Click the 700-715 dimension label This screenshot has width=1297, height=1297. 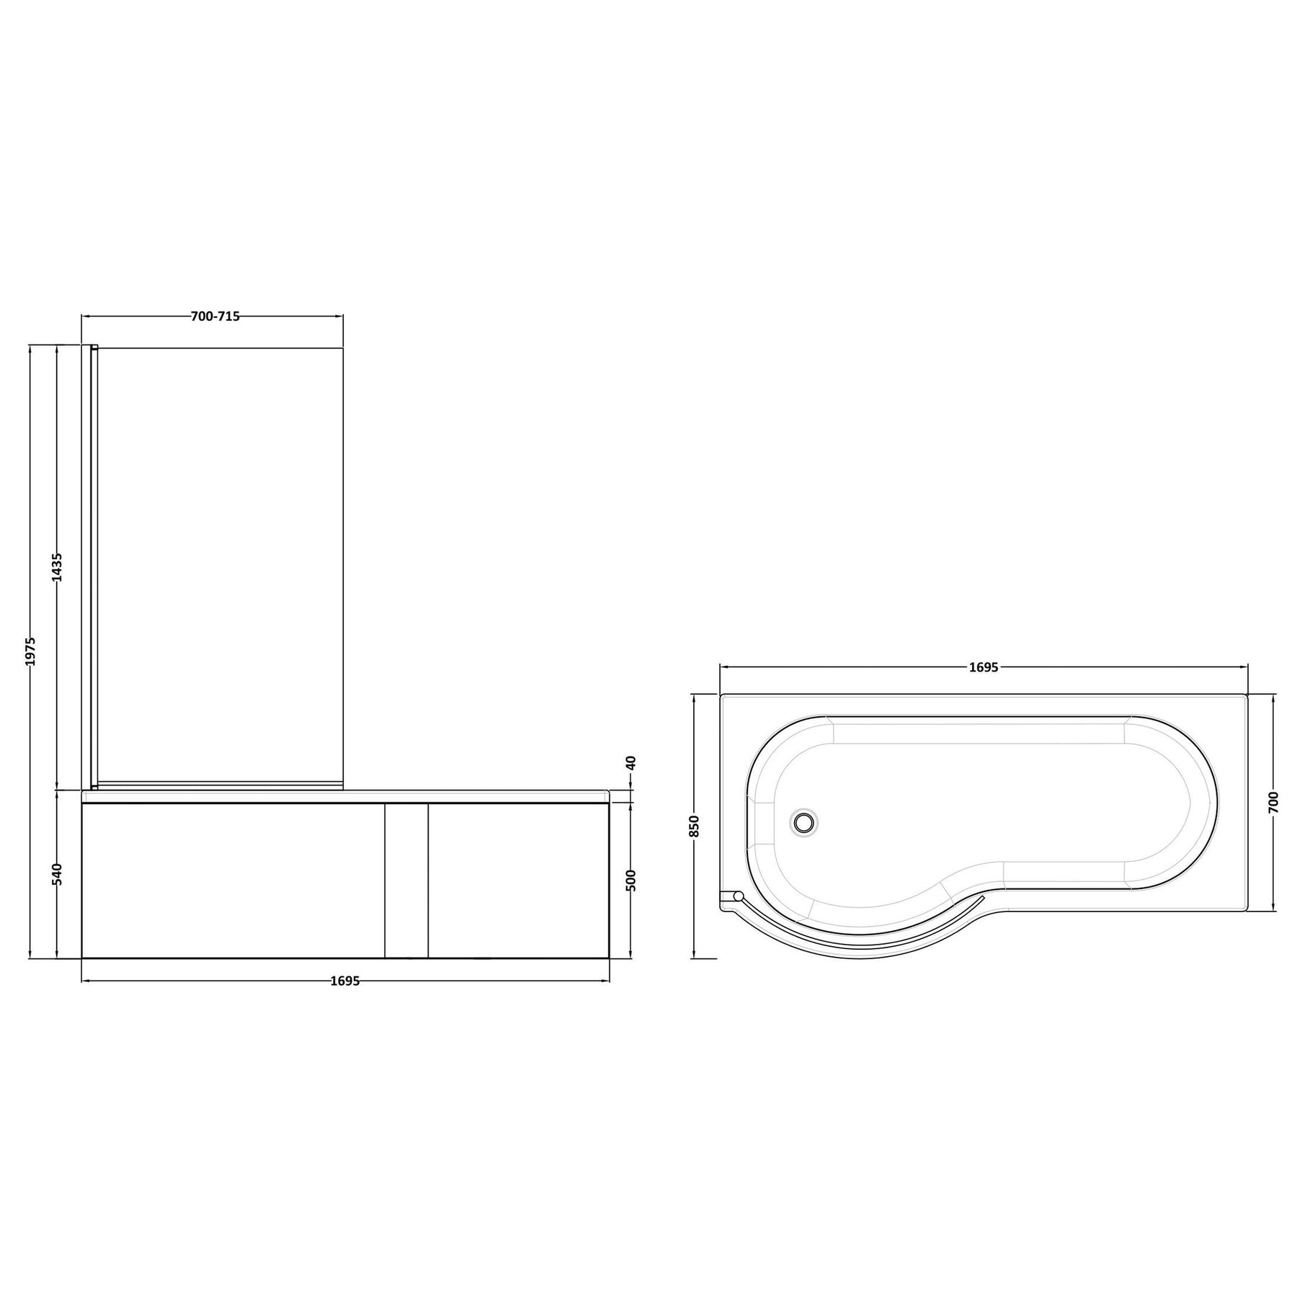215,316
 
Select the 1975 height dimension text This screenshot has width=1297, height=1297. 30,651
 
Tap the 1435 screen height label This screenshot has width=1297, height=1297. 58,567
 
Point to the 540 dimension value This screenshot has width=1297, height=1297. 58,874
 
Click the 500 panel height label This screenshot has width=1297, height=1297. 631,880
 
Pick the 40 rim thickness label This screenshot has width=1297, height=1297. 631,763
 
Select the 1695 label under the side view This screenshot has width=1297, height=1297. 345,981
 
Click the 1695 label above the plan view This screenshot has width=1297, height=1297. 984,667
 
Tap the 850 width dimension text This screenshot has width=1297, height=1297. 695,826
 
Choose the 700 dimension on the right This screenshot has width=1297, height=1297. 1273,802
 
